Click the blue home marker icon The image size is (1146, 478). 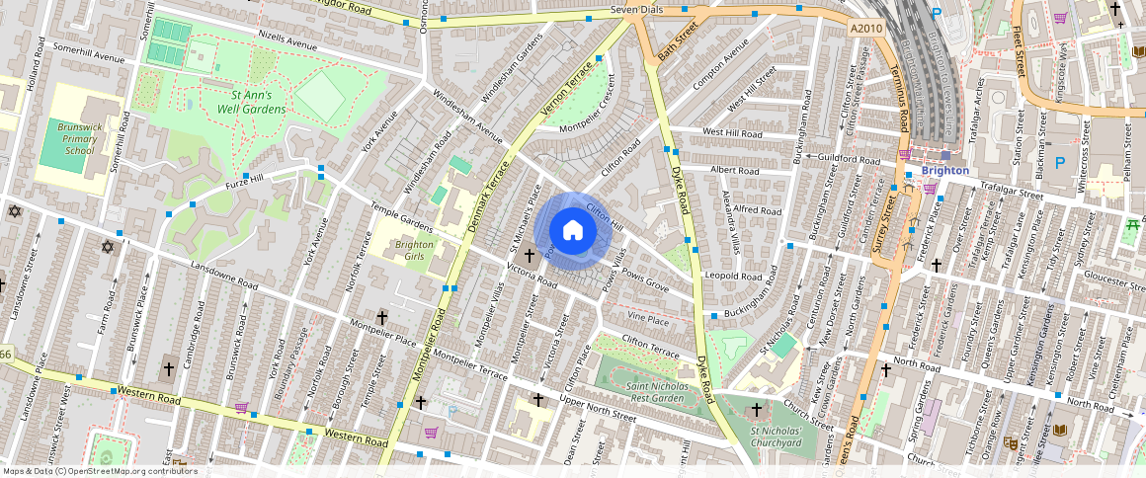[x=572, y=230]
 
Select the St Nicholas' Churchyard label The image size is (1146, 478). [x=776, y=437]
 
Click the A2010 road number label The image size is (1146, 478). [x=866, y=30]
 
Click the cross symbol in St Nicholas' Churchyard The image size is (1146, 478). [x=758, y=410]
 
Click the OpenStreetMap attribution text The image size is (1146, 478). [x=99, y=471]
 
